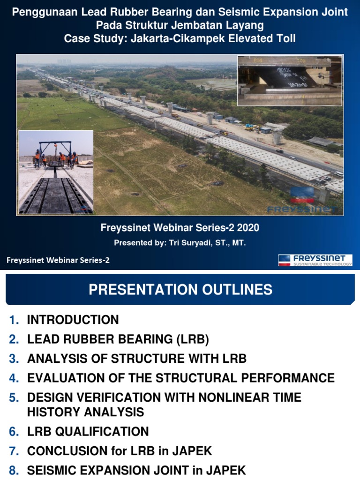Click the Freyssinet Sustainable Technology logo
pos(315,260)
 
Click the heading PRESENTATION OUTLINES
pos(180,290)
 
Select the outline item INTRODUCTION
pos(73,320)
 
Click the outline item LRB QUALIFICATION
pos(88,432)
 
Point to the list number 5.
pos(14,398)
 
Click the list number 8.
pos(14,470)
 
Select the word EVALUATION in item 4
pos(65,378)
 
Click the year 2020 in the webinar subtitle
pos(248,228)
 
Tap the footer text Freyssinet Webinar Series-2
pos(58,261)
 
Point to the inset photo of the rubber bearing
pos(290,80)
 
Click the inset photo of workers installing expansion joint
pos(56,172)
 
